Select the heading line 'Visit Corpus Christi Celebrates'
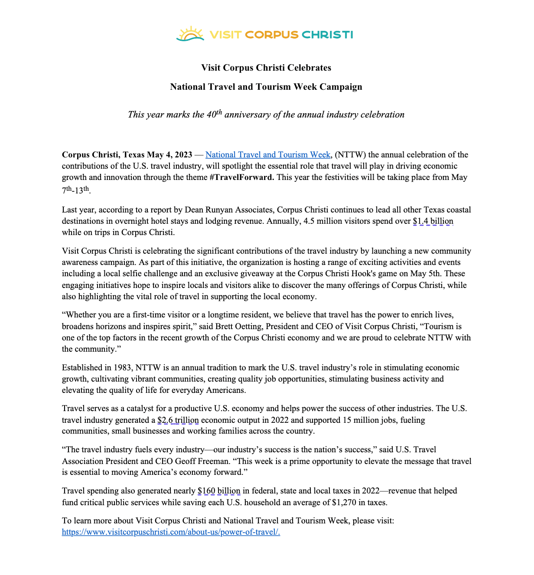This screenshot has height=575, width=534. tap(266, 68)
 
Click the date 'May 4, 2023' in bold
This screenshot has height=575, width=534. tap(169, 155)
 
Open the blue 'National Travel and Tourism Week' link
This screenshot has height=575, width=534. tap(268, 155)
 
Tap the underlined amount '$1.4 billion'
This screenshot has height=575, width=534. tap(433, 221)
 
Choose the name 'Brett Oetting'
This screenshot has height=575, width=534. tap(238, 326)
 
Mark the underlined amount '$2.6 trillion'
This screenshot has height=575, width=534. tap(178, 420)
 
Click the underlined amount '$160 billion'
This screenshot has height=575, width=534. tap(219, 491)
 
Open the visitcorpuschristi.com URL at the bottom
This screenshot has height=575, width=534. tap(171, 532)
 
